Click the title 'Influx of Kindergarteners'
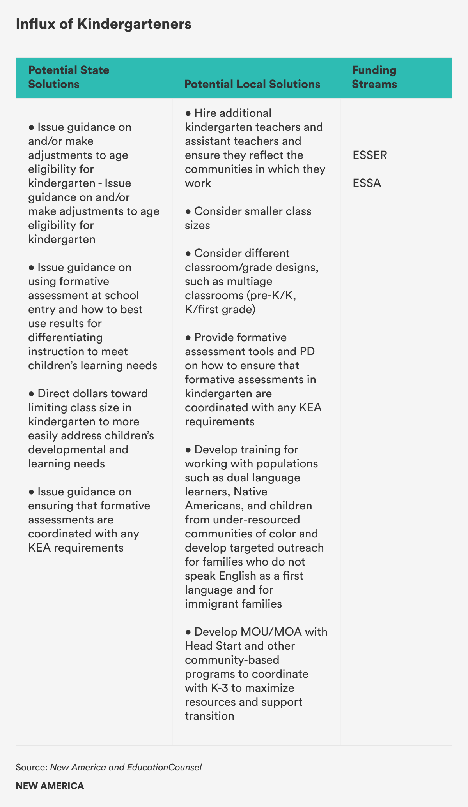click(103, 25)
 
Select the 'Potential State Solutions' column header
click(69, 77)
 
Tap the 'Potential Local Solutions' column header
click(252, 84)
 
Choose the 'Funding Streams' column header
click(374, 77)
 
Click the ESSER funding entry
click(370, 155)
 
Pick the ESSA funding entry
click(367, 183)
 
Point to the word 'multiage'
click(250, 281)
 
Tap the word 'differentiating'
click(65, 337)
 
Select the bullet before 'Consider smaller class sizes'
click(188, 211)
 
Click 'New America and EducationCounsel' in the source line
click(126, 767)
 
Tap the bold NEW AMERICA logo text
click(50, 786)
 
